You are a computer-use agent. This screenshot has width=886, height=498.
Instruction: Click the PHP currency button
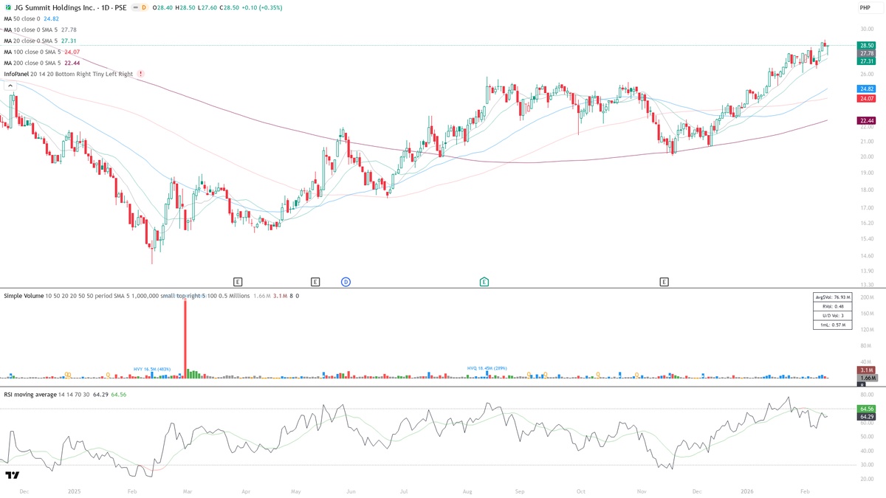tap(865, 7)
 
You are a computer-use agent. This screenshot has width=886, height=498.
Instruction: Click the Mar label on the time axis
tap(188, 491)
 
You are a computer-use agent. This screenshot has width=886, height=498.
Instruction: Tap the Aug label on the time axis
tap(467, 491)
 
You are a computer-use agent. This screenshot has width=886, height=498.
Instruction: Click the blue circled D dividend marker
tap(346, 282)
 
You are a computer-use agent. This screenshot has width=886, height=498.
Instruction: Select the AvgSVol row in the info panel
tap(832, 297)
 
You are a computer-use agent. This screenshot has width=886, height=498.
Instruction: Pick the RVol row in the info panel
tap(832, 306)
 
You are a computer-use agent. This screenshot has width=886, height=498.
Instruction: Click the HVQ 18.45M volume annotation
tap(487, 367)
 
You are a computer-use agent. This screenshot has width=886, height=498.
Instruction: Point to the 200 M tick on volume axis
tap(867, 297)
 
